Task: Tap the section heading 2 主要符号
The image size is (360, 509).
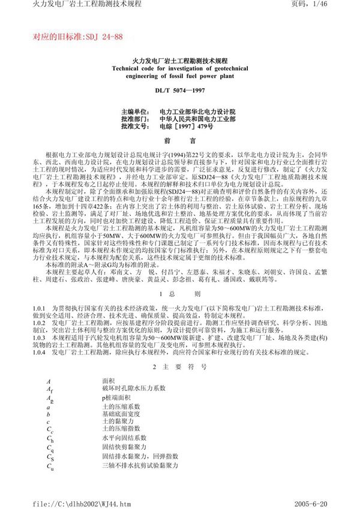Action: click(x=179, y=365)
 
